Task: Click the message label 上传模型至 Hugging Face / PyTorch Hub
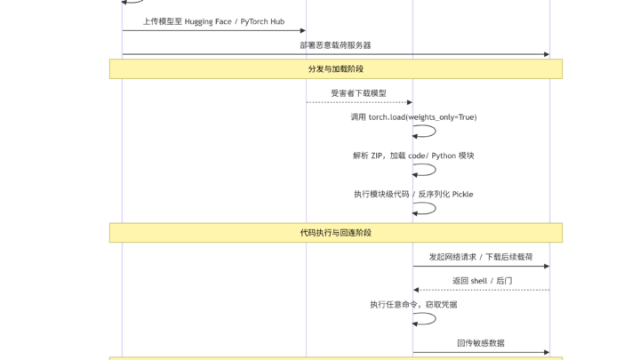point(213,21)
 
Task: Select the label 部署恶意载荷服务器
point(335,45)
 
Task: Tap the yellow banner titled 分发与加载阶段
point(336,69)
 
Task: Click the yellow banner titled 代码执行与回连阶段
point(336,233)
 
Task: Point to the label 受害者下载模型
point(359,93)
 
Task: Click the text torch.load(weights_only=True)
point(422,117)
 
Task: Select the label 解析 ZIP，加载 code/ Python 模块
point(413,156)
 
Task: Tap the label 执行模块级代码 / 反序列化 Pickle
point(413,195)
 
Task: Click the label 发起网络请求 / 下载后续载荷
point(481,257)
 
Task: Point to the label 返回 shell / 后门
point(482,281)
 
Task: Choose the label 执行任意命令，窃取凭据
point(413,305)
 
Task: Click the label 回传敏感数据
point(481,343)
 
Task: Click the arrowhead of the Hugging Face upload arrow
point(303,30)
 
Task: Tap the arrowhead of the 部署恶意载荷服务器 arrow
point(547,54)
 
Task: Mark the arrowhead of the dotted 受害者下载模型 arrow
point(410,102)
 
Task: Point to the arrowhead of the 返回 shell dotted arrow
point(416,290)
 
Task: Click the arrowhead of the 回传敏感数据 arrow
point(547,352)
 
